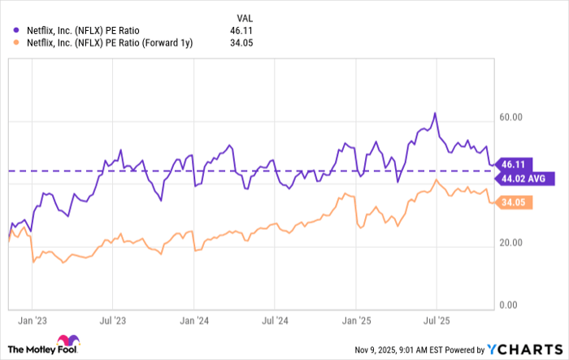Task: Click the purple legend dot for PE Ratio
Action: (x=17, y=31)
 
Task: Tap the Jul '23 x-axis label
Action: (x=111, y=322)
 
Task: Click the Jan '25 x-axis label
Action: (x=356, y=322)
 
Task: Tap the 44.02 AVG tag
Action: (x=527, y=177)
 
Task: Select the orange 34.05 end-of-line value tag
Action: (x=514, y=202)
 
